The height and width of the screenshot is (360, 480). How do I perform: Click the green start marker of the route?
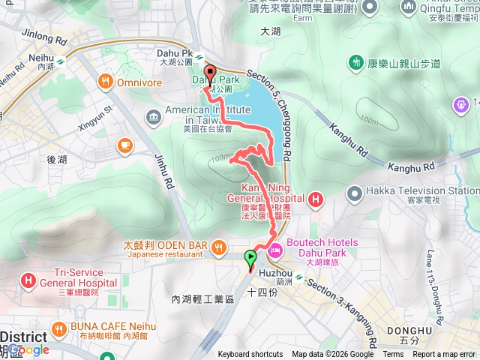(x=250, y=259)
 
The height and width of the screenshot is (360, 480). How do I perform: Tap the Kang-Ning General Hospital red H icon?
(x=315, y=199)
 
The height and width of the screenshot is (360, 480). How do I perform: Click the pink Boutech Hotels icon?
(x=275, y=249)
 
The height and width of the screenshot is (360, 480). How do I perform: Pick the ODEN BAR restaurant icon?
(x=218, y=245)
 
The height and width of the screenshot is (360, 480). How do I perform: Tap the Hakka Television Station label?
(x=431, y=191)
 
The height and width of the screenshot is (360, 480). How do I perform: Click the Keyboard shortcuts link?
(x=250, y=355)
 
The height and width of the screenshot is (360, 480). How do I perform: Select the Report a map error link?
(x=445, y=355)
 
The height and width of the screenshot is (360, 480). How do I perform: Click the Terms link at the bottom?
(x=393, y=355)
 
